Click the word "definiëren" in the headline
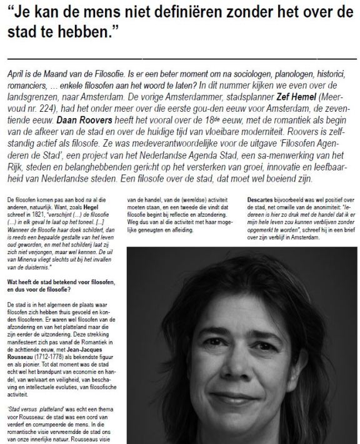(x=161, y=11)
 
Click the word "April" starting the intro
(x=13, y=73)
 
